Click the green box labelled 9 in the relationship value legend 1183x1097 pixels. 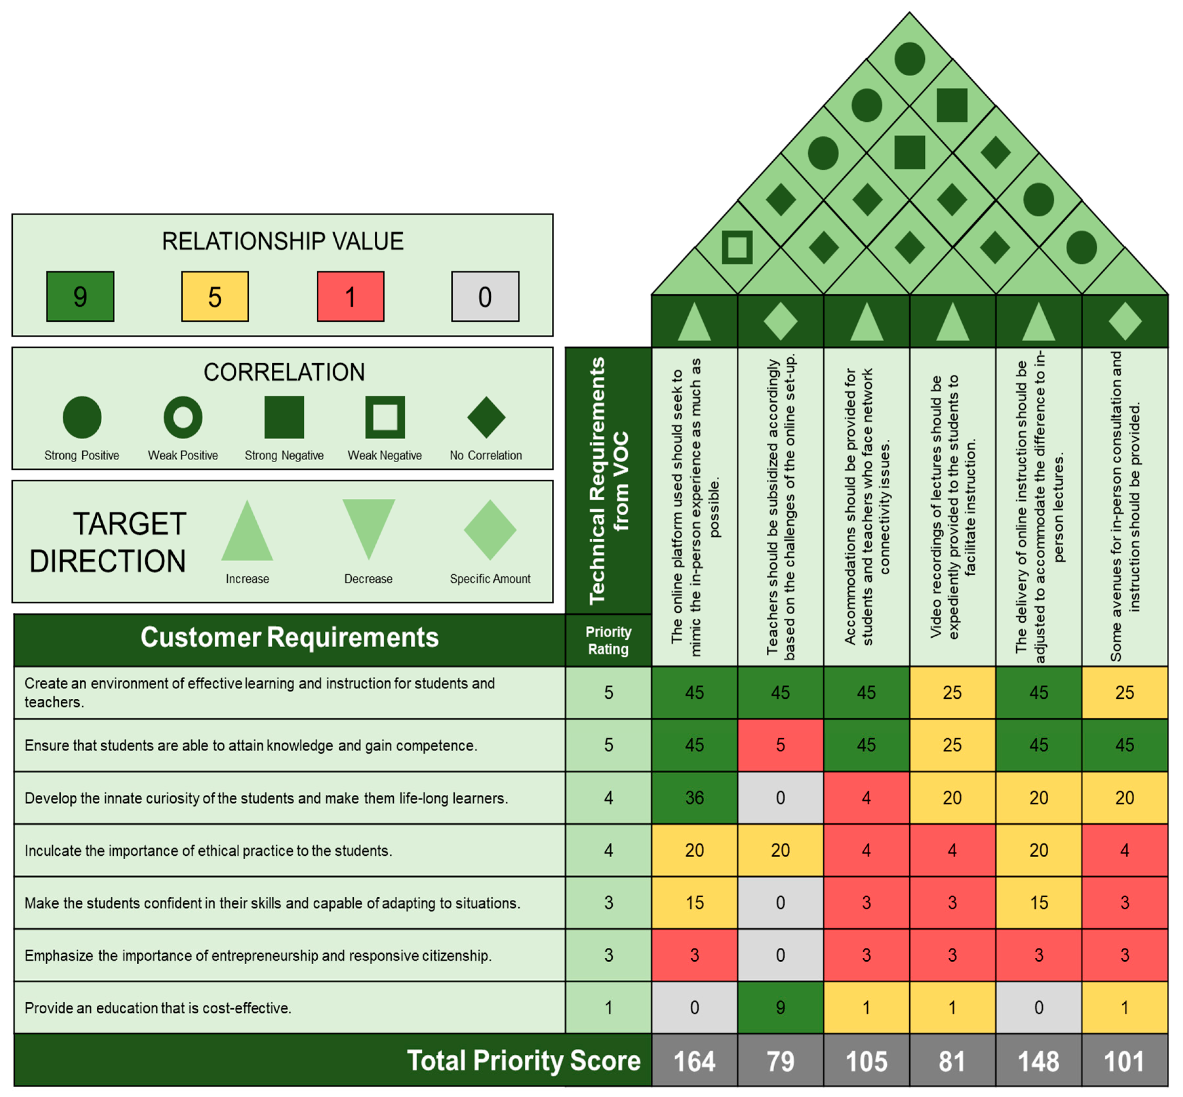click(x=80, y=296)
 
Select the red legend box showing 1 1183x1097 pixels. click(x=350, y=296)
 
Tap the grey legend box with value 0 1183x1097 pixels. click(x=485, y=296)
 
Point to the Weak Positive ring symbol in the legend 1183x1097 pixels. click(x=183, y=417)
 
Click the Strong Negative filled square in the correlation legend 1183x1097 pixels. click(x=284, y=417)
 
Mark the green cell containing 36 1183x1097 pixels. click(x=694, y=798)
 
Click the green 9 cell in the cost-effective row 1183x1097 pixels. click(x=780, y=1008)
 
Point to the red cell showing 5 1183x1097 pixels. click(x=780, y=745)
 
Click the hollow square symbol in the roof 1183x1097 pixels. click(x=737, y=247)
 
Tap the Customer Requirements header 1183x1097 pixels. click(x=289, y=638)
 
